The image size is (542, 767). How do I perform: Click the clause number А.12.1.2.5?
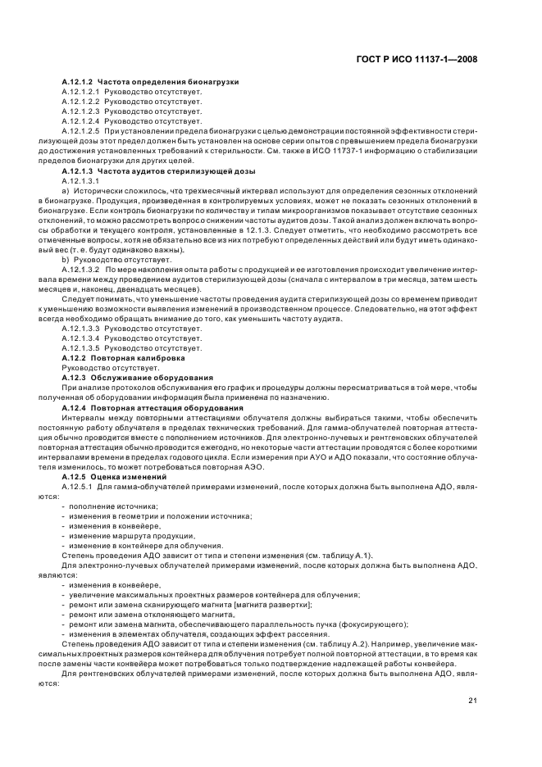point(80,129)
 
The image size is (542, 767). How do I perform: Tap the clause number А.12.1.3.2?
point(80,269)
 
